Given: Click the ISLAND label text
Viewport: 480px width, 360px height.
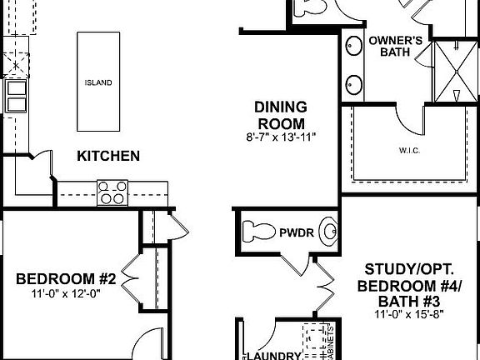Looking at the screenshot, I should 98,83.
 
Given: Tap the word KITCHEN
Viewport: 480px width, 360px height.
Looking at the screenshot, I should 108,156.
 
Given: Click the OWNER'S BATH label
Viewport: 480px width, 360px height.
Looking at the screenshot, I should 392,47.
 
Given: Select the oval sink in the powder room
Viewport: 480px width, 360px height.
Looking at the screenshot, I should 330,232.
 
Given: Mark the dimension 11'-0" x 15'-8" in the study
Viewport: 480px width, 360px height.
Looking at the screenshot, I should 408,313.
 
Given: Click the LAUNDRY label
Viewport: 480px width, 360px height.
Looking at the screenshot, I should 274,355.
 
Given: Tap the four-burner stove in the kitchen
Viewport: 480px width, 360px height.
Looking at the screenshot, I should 111,192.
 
